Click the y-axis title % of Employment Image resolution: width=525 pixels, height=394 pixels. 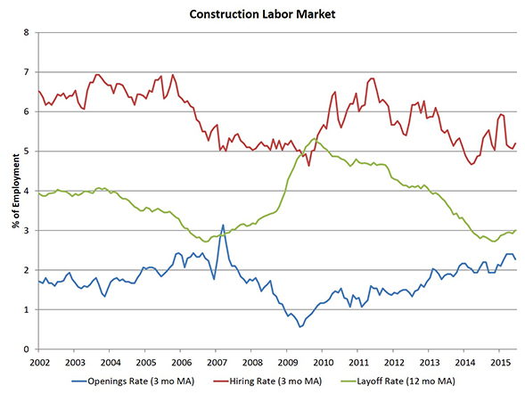16,190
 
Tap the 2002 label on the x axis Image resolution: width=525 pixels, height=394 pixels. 38,363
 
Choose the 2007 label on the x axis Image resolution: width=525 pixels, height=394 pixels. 217,363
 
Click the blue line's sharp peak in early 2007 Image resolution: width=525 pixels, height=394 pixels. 222,225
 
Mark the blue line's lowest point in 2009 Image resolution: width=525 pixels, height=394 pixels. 300,327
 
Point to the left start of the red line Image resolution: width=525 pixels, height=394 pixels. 38,91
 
